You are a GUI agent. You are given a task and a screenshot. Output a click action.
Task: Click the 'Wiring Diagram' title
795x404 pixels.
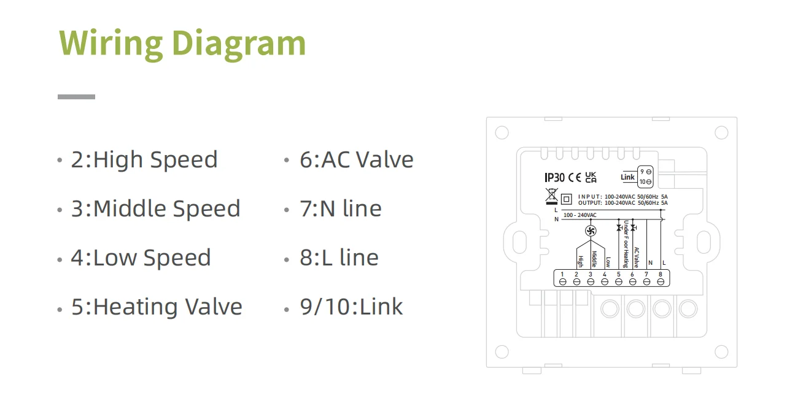coord(182,43)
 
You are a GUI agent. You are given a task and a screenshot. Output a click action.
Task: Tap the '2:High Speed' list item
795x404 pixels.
coord(144,160)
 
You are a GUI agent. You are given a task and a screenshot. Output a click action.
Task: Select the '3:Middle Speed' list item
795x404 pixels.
coord(155,209)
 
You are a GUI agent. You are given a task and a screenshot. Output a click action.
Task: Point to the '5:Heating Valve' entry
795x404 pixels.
coord(157,307)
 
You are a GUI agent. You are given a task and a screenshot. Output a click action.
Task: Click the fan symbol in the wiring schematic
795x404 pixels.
coord(591,231)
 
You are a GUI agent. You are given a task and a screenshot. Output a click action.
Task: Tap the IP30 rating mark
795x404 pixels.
coord(554,178)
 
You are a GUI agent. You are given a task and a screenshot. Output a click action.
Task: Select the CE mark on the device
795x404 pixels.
coord(575,178)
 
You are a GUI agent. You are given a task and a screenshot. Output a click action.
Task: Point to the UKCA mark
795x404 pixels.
coord(591,178)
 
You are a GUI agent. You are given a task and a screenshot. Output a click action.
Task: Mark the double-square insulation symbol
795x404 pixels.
coord(567,199)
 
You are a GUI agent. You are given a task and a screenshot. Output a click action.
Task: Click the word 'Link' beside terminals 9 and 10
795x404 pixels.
coord(627,177)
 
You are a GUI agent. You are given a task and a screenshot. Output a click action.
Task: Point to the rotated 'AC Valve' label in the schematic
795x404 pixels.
coord(636,257)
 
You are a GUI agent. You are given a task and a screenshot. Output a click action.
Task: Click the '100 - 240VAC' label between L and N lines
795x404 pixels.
coord(579,215)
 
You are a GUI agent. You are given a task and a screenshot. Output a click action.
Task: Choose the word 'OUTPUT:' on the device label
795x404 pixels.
coord(590,202)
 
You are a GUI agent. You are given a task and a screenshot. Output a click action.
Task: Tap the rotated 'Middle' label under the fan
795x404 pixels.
coord(594,259)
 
